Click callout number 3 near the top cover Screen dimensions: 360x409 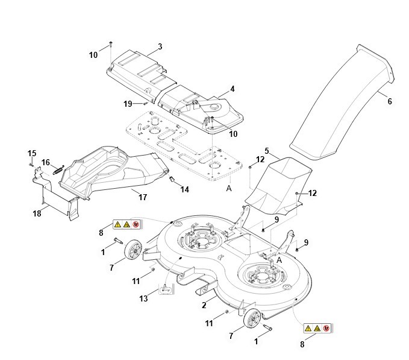pyautogui.click(x=160, y=46)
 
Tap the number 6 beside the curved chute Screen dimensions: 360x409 pyautogui.click(x=389, y=101)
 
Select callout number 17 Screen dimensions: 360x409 pyautogui.click(x=143, y=197)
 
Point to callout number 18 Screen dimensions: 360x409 pyautogui.click(x=37, y=213)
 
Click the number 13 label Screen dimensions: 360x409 pyautogui.click(x=143, y=298)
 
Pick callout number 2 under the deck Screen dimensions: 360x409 pyautogui.click(x=204, y=305)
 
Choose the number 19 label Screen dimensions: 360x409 pyautogui.click(x=128, y=104)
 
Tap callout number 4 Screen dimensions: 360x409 pyautogui.click(x=232, y=89)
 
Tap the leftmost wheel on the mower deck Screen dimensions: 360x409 pyautogui.click(x=133, y=251)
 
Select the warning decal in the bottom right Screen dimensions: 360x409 pyautogui.click(x=317, y=329)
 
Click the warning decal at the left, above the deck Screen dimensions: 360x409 pyautogui.click(x=126, y=224)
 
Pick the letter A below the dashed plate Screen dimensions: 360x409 pyautogui.click(x=228, y=188)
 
